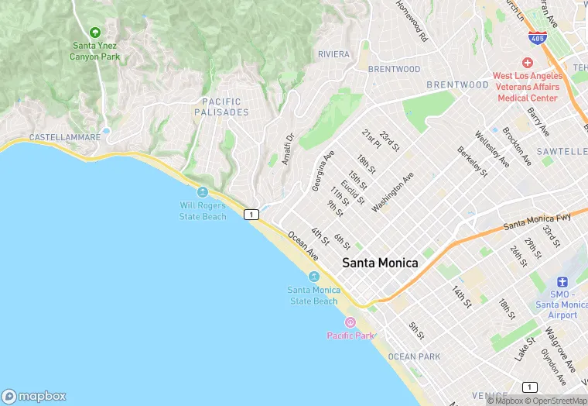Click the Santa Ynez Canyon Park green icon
pyautogui.click(x=94, y=33)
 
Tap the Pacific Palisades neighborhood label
pyautogui.click(x=225, y=107)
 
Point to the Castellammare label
pyautogui.click(x=64, y=137)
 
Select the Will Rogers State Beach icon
pyautogui.click(x=203, y=192)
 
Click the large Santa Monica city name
pyautogui.click(x=380, y=263)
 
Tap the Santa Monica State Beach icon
pyautogui.click(x=314, y=277)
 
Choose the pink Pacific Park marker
pyautogui.click(x=350, y=322)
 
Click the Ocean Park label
pyautogui.click(x=414, y=356)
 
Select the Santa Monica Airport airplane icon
pyautogui.click(x=562, y=283)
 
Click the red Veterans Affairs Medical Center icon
pyautogui.click(x=528, y=63)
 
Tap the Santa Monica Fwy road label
pyautogui.click(x=536, y=222)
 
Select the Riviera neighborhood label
pyautogui.click(x=333, y=54)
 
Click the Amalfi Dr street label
pyautogui.click(x=288, y=149)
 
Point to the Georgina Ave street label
pyautogui.click(x=323, y=170)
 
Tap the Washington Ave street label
pyautogui.click(x=393, y=191)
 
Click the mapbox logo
pyautogui.click(x=34, y=396)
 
